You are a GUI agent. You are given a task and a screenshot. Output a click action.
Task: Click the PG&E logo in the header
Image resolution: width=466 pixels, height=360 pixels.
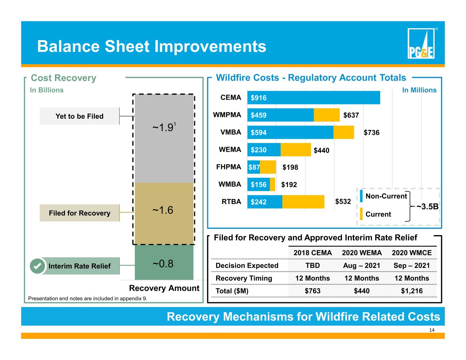pyautogui.click(x=421, y=43)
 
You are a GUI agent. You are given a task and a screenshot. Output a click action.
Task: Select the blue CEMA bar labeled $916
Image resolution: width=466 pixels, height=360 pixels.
pyautogui.click(x=313, y=98)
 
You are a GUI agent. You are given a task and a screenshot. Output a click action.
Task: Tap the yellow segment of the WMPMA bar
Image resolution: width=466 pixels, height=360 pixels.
pyautogui.click(x=327, y=115)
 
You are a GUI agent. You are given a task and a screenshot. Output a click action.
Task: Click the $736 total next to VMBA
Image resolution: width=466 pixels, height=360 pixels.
pyautogui.click(x=371, y=133)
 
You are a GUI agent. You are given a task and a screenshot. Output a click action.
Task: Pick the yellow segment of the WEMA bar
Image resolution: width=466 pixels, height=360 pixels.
pyautogui.click(x=296, y=149)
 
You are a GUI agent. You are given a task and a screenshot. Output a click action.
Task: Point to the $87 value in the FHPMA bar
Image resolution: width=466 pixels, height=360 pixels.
pyautogui.click(x=254, y=167)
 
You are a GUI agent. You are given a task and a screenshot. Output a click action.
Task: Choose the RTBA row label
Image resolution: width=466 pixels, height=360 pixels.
pyautogui.click(x=231, y=202)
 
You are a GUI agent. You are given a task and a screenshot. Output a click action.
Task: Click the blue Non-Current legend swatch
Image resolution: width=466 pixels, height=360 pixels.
pyautogui.click(x=361, y=196)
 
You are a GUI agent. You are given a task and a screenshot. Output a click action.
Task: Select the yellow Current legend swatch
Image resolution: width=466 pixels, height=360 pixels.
pyautogui.click(x=361, y=214)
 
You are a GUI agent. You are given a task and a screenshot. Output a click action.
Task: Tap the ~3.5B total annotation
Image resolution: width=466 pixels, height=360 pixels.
pyautogui.click(x=427, y=206)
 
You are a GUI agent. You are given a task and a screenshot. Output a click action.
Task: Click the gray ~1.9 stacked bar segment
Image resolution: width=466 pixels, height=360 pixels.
pyautogui.click(x=164, y=139)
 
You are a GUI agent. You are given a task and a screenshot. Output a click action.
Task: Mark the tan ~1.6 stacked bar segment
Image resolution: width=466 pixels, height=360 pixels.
pyautogui.click(x=164, y=214)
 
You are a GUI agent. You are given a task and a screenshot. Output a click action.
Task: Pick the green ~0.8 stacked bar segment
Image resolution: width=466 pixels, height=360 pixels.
pyautogui.click(x=164, y=262)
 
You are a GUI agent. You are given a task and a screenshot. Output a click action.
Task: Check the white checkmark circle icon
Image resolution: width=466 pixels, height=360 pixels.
pyautogui.click(x=38, y=266)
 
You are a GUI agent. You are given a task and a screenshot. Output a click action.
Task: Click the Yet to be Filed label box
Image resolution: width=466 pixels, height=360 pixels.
pyautogui.click(x=80, y=116)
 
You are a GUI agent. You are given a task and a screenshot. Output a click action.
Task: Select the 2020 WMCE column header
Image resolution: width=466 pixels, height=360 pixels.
pyautogui.click(x=412, y=253)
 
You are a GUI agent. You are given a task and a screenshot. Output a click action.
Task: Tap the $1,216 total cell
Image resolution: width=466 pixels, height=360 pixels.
pyautogui.click(x=412, y=291)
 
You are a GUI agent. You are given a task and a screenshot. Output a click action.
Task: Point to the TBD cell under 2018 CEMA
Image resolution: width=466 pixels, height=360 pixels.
pyautogui.click(x=313, y=265)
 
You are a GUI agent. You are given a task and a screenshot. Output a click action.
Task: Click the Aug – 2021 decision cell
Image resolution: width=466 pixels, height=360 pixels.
pyautogui.click(x=362, y=265)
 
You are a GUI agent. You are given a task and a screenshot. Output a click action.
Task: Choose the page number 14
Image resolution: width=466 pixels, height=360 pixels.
pyautogui.click(x=432, y=330)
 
